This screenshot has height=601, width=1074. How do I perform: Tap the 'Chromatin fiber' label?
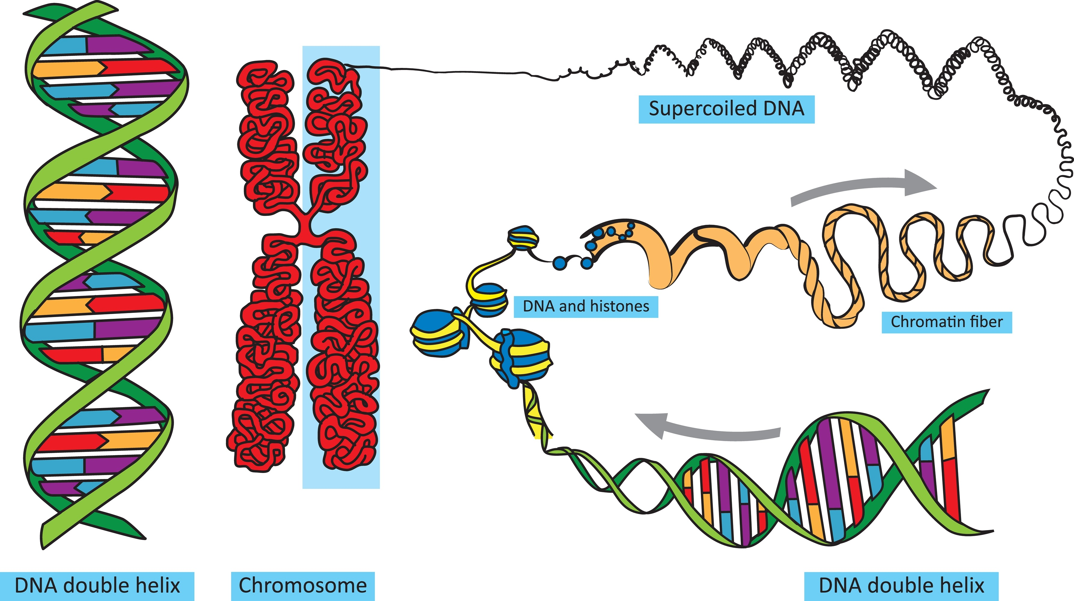click(x=946, y=322)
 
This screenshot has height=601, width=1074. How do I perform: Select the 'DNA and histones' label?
click(x=586, y=307)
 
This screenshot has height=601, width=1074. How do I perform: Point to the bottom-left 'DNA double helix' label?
click(x=97, y=586)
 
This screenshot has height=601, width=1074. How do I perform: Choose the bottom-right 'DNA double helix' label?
click(x=901, y=586)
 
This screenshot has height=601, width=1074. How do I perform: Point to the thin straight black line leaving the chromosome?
click(x=450, y=71)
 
